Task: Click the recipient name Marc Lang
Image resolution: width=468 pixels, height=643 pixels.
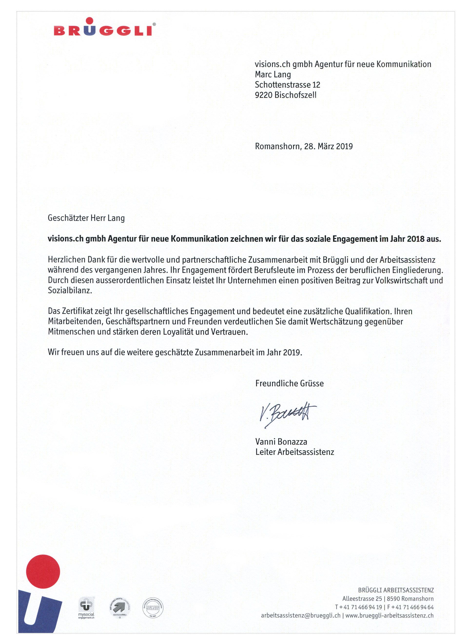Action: click(273, 74)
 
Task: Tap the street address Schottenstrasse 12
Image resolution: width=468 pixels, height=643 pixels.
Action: click(287, 85)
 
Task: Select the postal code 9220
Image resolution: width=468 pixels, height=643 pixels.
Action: click(263, 95)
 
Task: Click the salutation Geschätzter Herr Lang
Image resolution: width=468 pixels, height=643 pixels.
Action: click(86, 218)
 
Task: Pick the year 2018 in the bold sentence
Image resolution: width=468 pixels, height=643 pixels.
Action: click(415, 239)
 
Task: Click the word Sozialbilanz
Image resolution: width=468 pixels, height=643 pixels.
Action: click(69, 290)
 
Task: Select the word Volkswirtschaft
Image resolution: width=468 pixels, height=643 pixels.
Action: click(403, 281)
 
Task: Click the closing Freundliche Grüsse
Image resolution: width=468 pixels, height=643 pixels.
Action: click(289, 383)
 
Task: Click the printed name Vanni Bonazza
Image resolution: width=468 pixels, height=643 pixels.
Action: click(281, 441)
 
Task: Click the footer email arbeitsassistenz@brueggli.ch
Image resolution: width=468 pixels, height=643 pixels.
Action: click(301, 616)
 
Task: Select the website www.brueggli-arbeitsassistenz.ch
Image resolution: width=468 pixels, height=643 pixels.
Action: click(389, 616)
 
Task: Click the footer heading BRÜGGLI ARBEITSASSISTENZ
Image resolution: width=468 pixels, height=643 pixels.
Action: click(396, 590)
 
